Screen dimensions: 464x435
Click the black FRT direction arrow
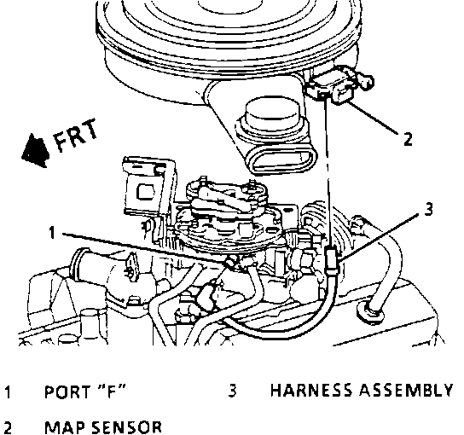[x=36, y=151]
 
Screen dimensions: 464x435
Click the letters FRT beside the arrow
[x=76, y=136]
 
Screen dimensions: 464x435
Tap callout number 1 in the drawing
[x=52, y=232]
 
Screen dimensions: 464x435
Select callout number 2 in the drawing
[x=408, y=138]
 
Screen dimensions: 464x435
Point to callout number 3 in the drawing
[x=428, y=209]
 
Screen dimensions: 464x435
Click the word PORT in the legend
[x=67, y=392]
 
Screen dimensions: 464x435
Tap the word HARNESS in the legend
[x=311, y=390]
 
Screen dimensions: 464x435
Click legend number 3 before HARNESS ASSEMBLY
[x=233, y=390]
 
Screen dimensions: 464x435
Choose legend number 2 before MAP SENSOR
[x=9, y=428]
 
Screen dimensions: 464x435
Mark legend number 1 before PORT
[x=9, y=392]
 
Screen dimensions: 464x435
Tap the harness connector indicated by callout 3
[x=331, y=259]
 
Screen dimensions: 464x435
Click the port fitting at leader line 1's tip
[x=232, y=262]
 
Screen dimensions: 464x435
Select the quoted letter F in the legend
[x=111, y=391]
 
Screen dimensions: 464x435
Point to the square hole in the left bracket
[x=146, y=192]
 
